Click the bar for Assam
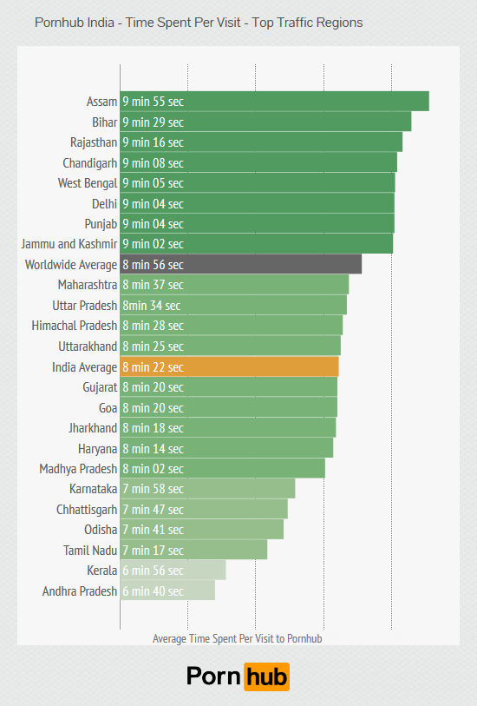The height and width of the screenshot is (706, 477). pyautogui.click(x=274, y=102)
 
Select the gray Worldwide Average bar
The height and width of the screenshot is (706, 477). pyautogui.click(x=240, y=265)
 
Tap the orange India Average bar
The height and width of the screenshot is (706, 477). pyautogui.click(x=229, y=366)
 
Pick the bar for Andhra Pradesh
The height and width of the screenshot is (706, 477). pyautogui.click(x=167, y=591)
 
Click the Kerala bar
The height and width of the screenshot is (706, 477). pyautogui.click(x=173, y=571)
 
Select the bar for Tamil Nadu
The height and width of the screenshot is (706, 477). pyautogui.click(x=193, y=551)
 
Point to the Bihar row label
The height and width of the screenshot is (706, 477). pyautogui.click(x=104, y=122)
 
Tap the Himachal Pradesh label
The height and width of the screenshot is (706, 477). pyautogui.click(x=74, y=326)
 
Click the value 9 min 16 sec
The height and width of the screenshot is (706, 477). pyautogui.click(x=153, y=142)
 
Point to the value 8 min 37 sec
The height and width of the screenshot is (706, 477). pyautogui.click(x=153, y=285)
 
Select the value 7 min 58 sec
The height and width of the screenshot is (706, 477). pyautogui.click(x=153, y=489)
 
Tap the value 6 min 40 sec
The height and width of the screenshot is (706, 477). pyautogui.click(x=153, y=591)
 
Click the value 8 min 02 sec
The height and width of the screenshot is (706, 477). pyautogui.click(x=153, y=469)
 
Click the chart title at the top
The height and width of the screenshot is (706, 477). pyautogui.click(x=199, y=23)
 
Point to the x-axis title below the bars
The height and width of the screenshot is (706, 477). pyautogui.click(x=237, y=638)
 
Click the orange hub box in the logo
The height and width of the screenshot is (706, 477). pyautogui.click(x=266, y=676)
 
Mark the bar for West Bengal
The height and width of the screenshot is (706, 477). pyautogui.click(x=258, y=183)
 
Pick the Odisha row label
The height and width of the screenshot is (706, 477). pyautogui.click(x=100, y=530)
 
